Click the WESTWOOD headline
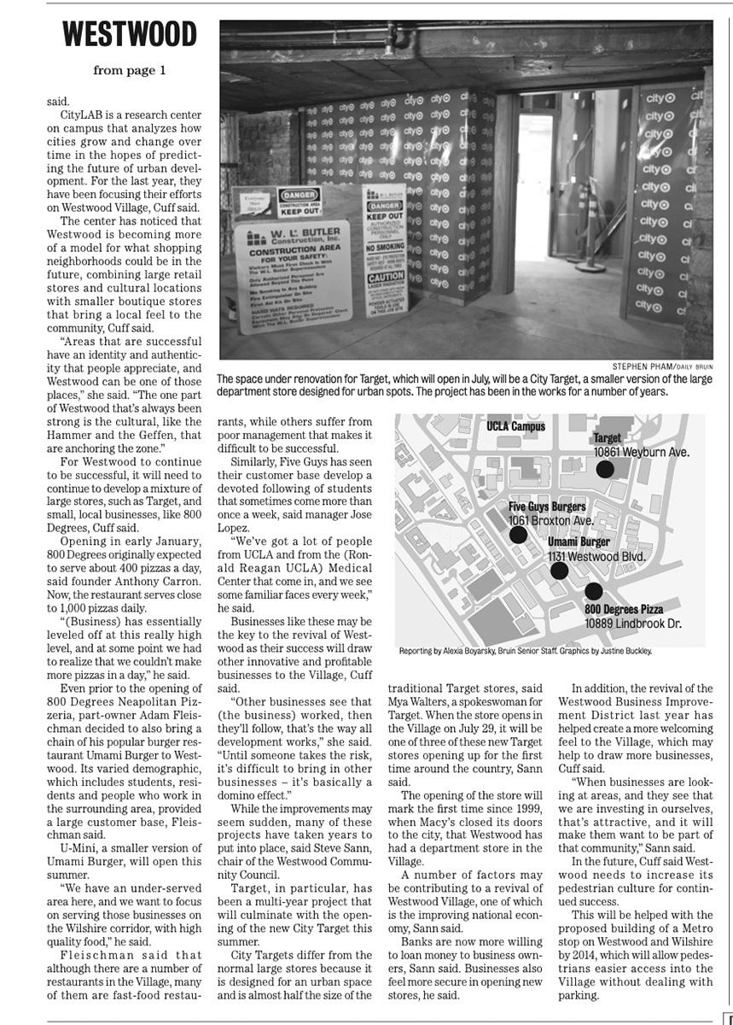[x=130, y=36]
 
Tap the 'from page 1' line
[x=130, y=71]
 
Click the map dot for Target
[x=604, y=468]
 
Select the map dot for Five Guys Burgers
[x=518, y=535]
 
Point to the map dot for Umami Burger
[x=559, y=571]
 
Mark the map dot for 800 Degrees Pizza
[x=594, y=591]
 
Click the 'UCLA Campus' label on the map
[x=515, y=425]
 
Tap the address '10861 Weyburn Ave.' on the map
[x=641, y=452]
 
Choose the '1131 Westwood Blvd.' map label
[x=596, y=556]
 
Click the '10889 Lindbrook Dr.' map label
[x=632, y=624]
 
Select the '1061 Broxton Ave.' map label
[x=550, y=520]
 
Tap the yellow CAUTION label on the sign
[x=386, y=278]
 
